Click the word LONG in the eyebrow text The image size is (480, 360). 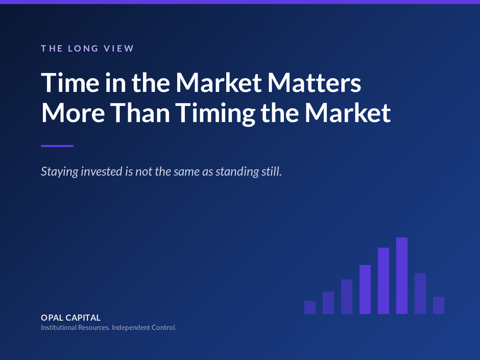click(79, 49)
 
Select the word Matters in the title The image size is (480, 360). click(314, 83)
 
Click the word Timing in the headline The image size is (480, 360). click(215, 113)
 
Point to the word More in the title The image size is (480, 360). click(73, 113)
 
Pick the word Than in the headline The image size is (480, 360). click(140, 113)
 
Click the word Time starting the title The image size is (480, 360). click(70, 83)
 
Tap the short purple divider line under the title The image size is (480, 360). click(57, 146)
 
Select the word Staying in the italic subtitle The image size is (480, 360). click(60, 172)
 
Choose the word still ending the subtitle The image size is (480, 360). click(271, 172)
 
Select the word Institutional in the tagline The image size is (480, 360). click(59, 327)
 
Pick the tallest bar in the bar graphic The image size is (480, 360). click(402, 276)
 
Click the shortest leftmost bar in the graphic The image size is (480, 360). click(310, 307)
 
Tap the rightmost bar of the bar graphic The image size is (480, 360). click(438, 305)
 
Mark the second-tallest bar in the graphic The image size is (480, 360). click(383, 281)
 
